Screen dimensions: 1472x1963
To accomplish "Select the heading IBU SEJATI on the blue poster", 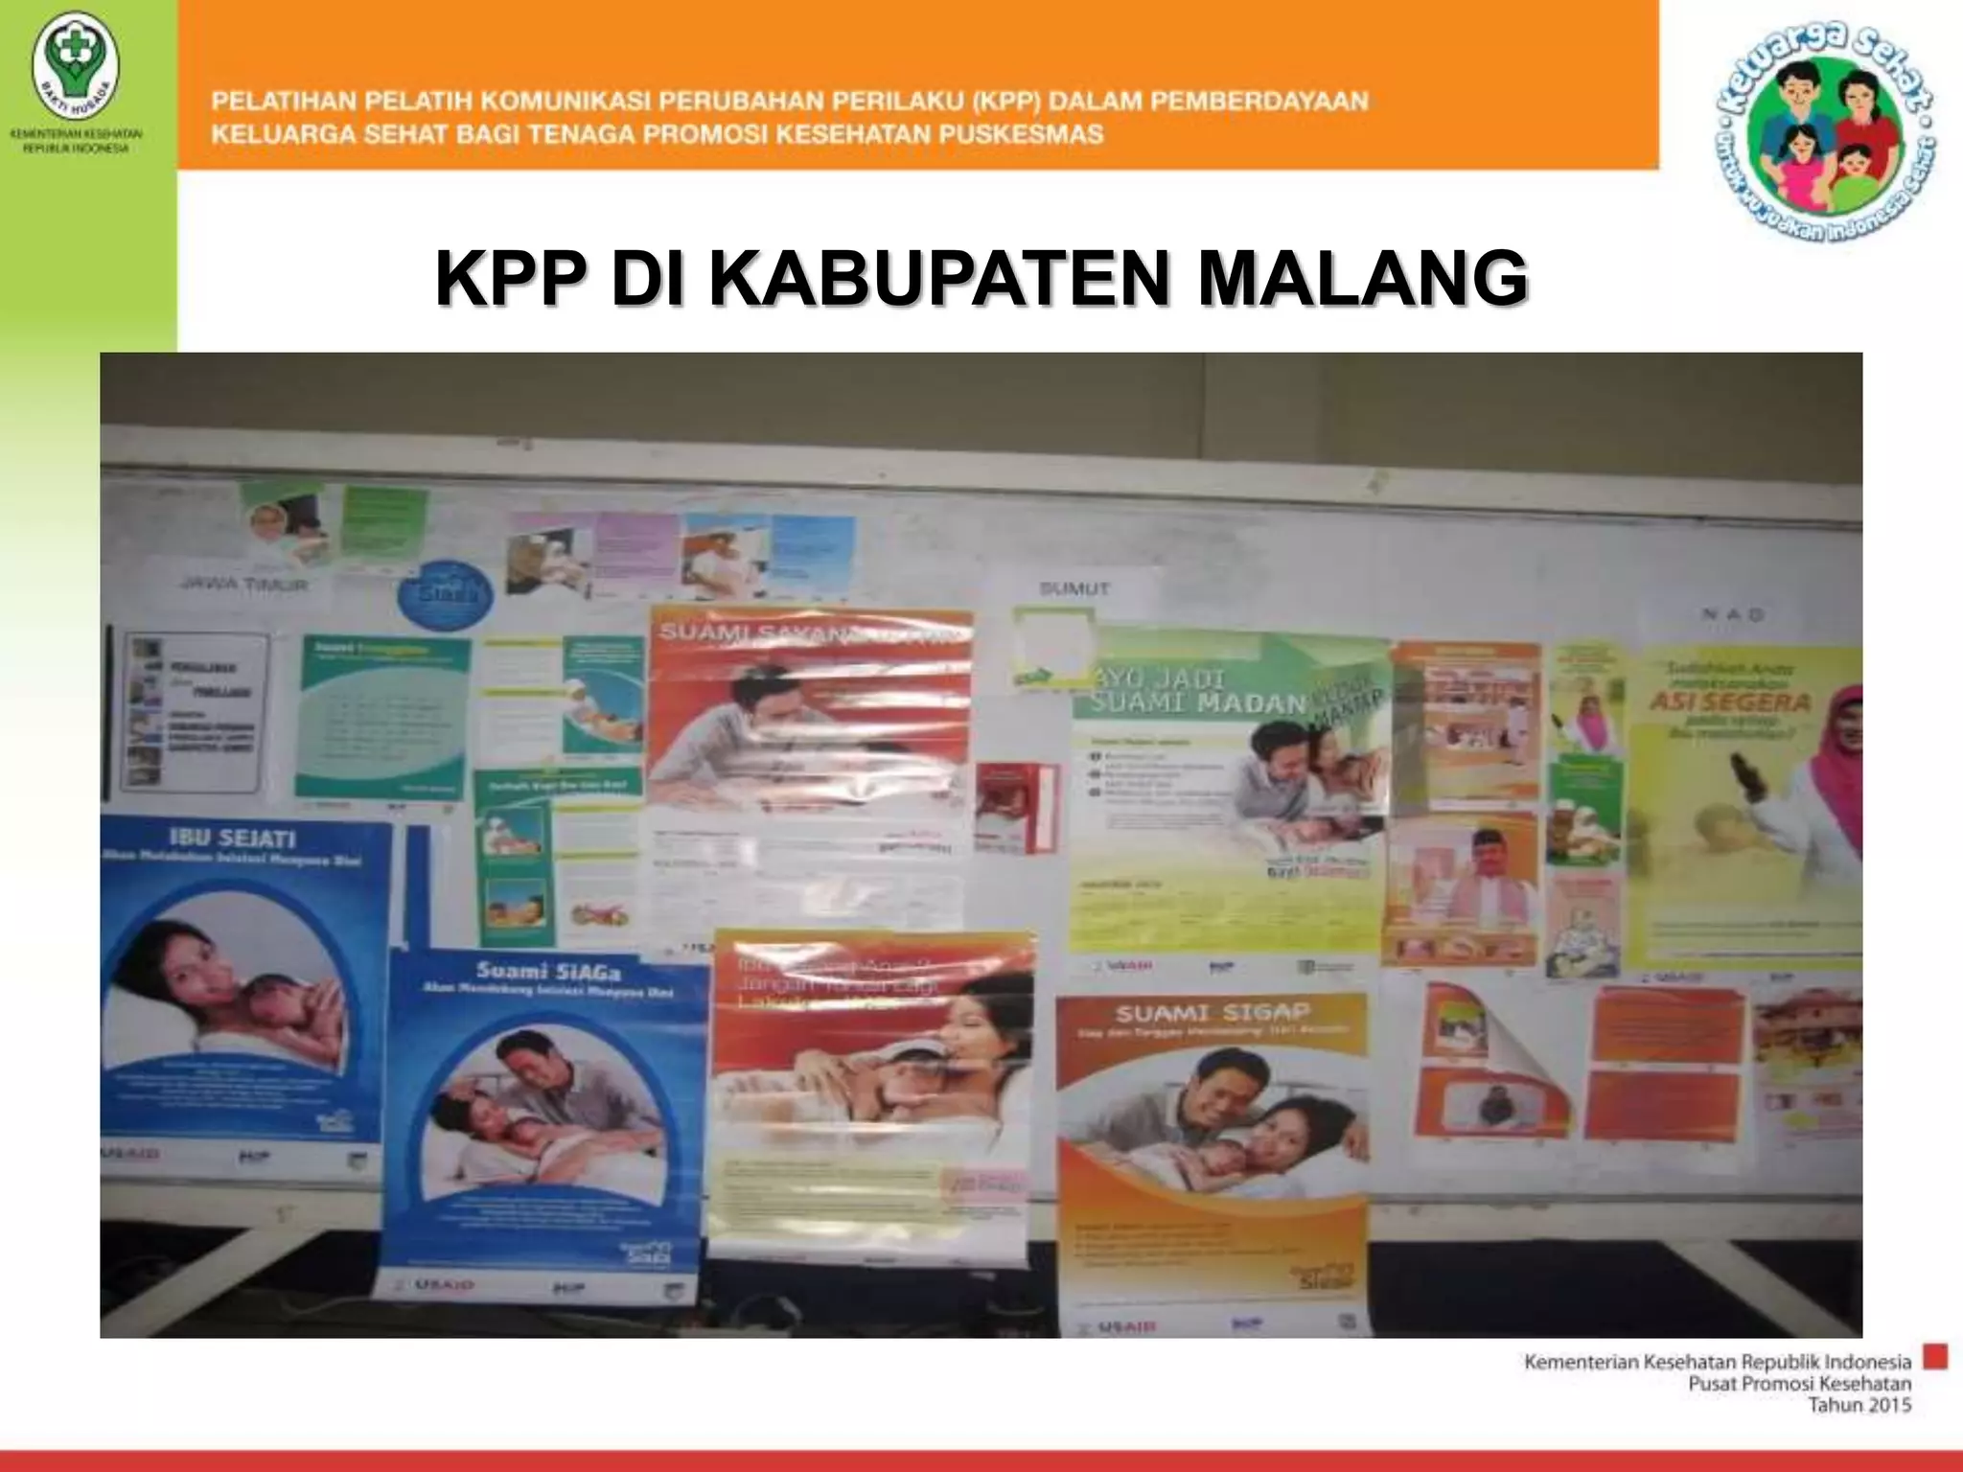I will coord(233,839).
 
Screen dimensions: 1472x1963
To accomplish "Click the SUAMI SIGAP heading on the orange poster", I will coord(1212,1013).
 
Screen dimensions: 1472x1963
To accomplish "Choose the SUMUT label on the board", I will coord(1074,588).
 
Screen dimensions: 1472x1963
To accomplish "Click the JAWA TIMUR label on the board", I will coord(244,584).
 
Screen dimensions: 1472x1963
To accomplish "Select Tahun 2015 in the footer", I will coord(1859,1405).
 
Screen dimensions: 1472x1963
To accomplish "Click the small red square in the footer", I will coord(1935,1357).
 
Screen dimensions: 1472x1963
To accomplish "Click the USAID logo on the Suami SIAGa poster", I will coord(444,1283).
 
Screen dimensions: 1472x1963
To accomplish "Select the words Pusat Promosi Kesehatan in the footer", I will coord(1799,1383).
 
